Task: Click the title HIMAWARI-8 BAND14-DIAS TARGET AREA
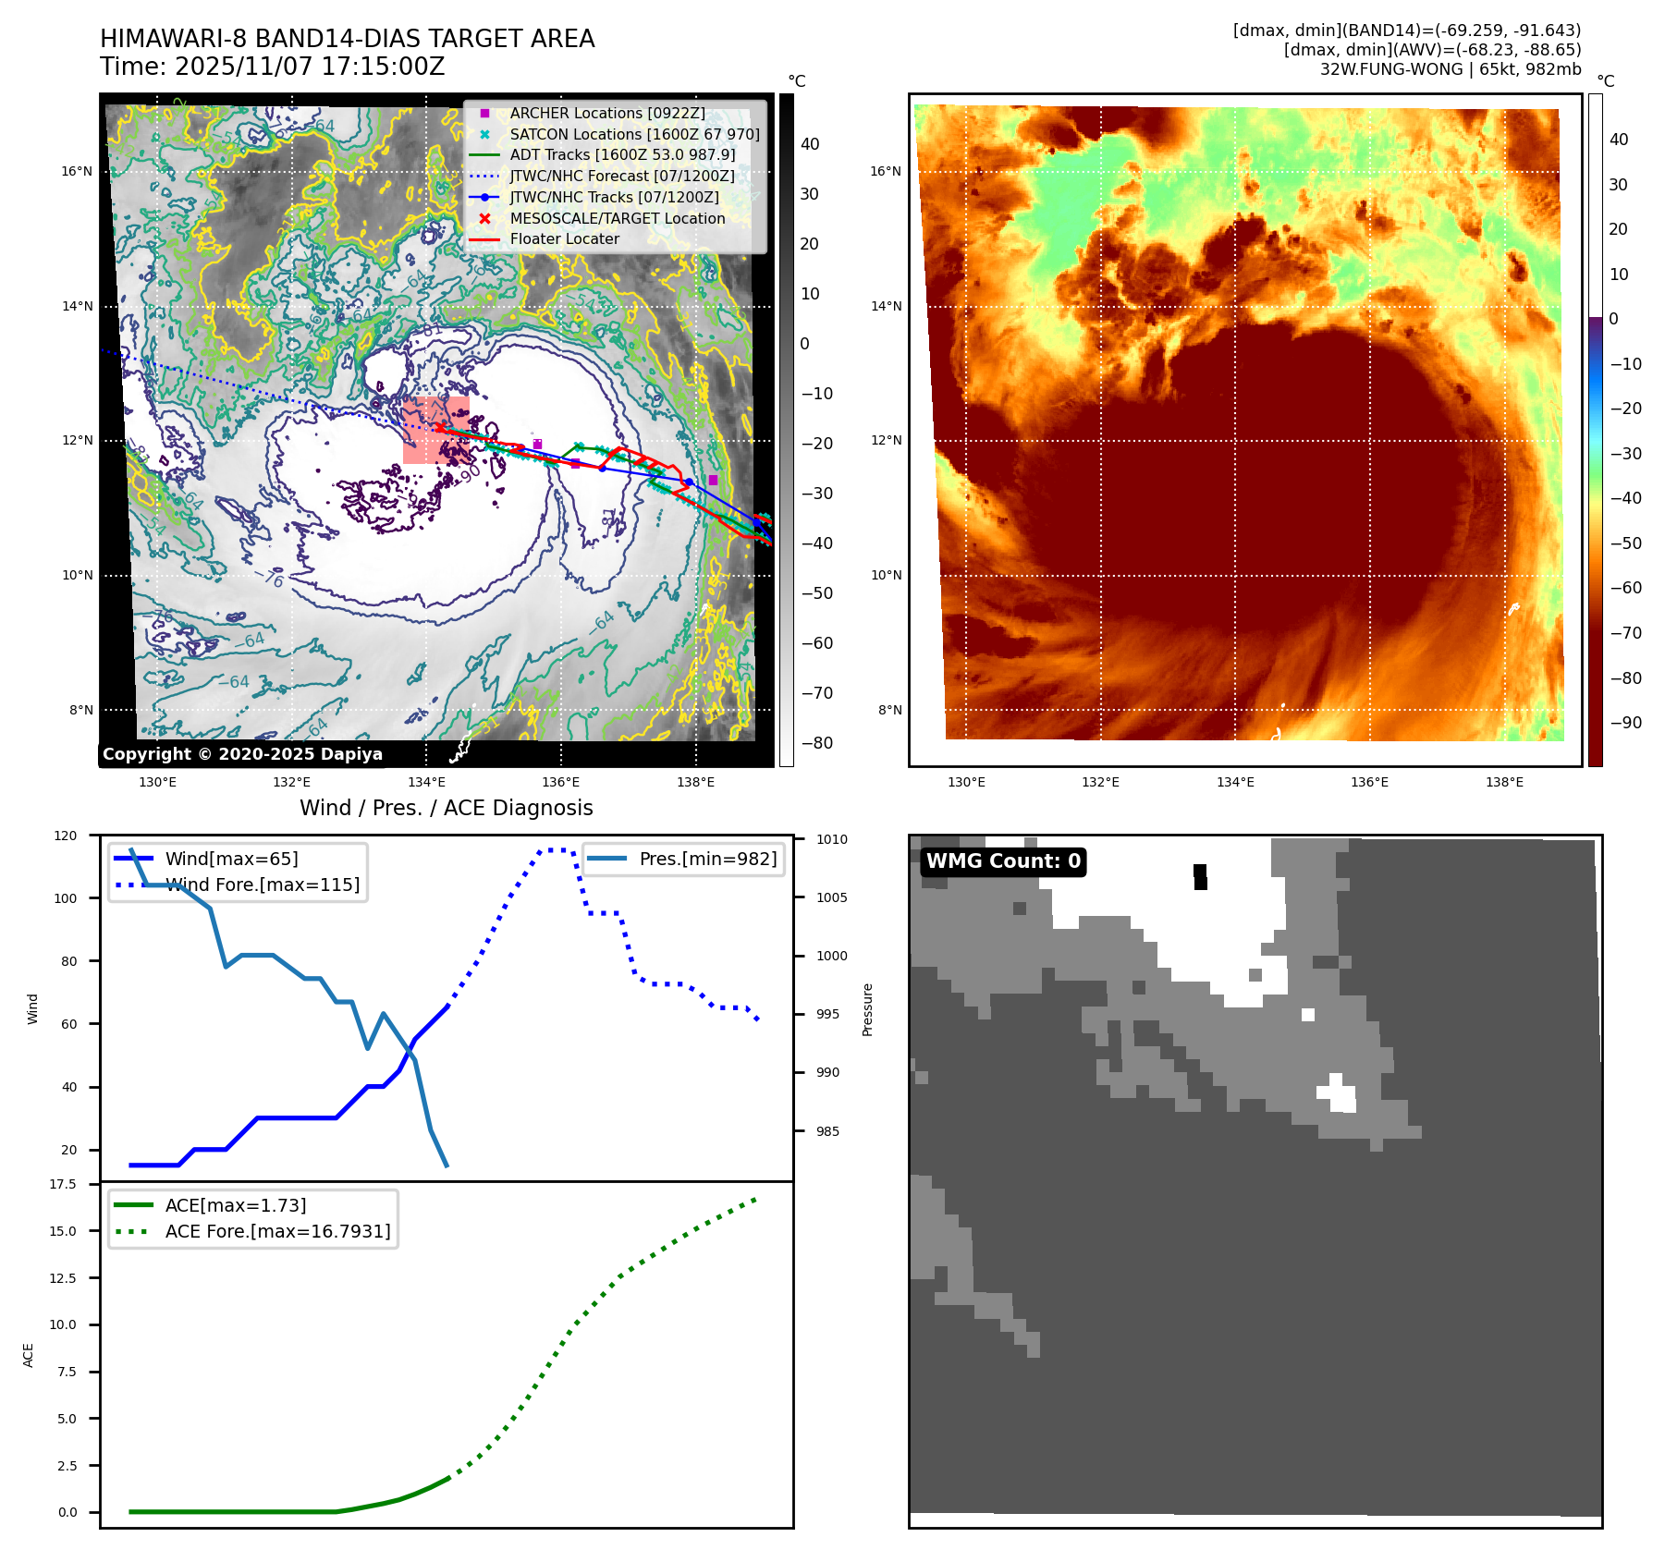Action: pos(347,39)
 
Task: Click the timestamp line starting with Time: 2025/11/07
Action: pos(272,67)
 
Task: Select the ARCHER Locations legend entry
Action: pos(606,113)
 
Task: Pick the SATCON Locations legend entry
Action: pos(634,134)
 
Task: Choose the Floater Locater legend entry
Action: pos(564,238)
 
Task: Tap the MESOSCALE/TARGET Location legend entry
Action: pos(617,218)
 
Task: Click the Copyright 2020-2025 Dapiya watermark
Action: pos(242,753)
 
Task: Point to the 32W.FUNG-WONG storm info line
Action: pos(1450,69)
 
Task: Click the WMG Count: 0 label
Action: pos(1003,861)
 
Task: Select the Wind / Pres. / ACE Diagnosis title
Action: pos(446,808)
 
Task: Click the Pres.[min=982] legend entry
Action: pos(707,859)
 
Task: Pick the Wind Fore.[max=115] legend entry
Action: pos(262,885)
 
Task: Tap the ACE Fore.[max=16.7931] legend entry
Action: pos(277,1231)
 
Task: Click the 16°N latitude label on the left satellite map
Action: pos(78,171)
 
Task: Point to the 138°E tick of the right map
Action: pos(1503,782)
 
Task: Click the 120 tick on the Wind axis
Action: pos(66,836)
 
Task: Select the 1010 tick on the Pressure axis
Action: pos(831,839)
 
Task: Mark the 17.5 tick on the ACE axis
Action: pos(63,1184)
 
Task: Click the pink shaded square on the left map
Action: pos(435,430)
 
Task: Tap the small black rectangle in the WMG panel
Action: pos(1200,876)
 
